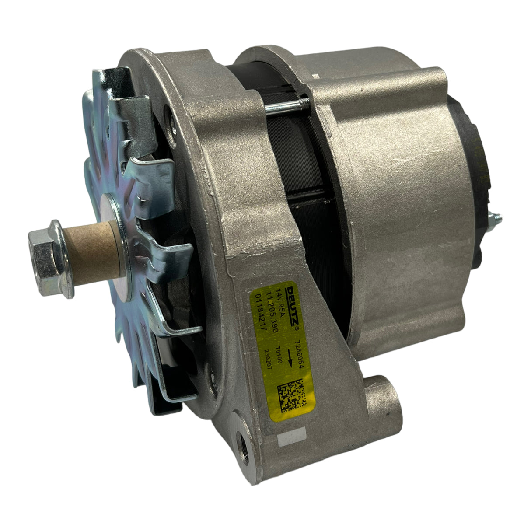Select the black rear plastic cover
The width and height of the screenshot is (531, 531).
tap(471, 175)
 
